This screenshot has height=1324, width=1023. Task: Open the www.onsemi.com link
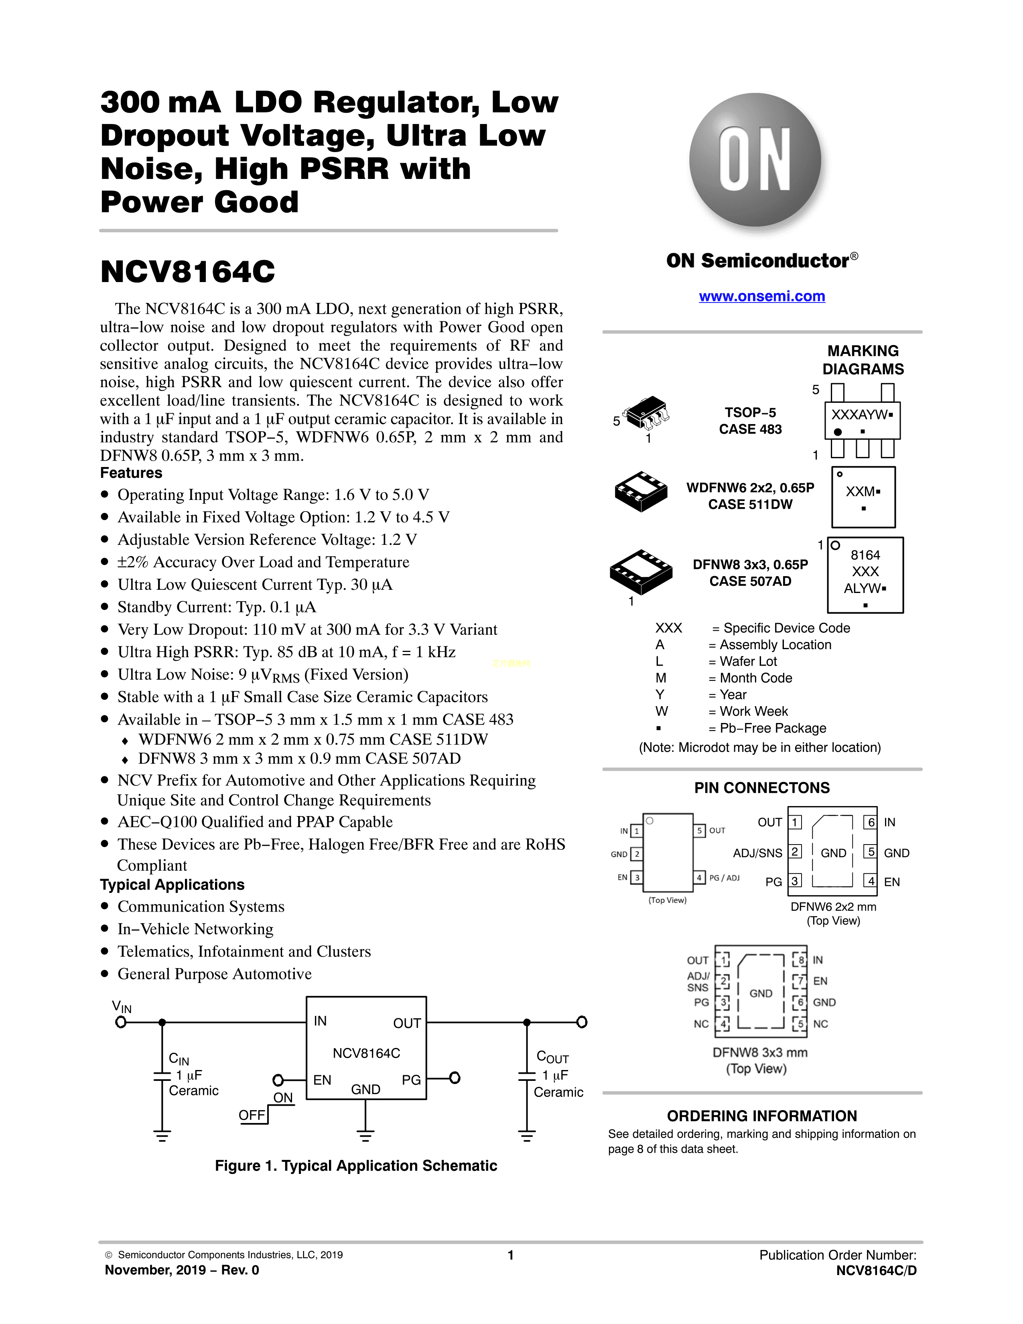(762, 296)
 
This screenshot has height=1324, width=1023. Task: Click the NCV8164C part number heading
(188, 272)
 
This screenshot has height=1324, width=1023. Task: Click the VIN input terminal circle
(121, 1023)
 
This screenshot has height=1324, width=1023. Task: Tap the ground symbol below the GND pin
(365, 1135)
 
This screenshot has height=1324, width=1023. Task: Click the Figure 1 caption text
(356, 1166)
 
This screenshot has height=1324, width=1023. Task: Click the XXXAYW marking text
(859, 415)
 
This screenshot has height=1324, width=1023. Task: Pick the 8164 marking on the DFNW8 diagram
(865, 555)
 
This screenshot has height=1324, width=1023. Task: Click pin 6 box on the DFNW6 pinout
(871, 822)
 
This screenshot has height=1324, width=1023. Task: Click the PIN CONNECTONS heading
(762, 788)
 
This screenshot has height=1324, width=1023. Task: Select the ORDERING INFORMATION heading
(762, 1116)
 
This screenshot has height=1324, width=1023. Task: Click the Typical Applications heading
(172, 885)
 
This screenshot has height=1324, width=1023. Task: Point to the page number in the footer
(511, 1255)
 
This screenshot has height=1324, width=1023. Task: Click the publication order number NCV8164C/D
(876, 1271)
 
